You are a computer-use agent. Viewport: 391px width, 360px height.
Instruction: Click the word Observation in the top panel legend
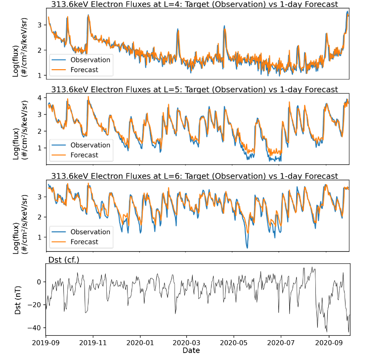(x=90, y=59)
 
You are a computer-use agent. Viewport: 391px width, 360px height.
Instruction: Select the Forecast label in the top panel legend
(x=85, y=70)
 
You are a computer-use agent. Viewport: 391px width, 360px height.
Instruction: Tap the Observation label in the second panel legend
(x=90, y=145)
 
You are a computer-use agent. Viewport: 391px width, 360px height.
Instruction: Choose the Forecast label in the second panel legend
(x=85, y=156)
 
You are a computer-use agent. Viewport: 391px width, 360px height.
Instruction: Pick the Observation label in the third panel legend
(x=90, y=232)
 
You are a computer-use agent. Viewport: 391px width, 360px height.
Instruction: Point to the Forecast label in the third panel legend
(x=85, y=242)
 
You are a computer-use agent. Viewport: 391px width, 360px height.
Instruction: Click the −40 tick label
(x=34, y=328)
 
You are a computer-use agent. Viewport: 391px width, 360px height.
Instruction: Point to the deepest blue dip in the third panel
(x=247, y=247)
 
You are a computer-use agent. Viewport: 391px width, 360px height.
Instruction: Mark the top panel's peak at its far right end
(x=348, y=10)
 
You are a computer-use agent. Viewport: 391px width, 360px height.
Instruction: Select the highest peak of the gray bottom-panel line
(x=314, y=267)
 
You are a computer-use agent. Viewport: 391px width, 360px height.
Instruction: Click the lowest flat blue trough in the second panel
(x=275, y=160)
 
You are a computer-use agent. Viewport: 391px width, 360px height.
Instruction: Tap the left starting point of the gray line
(x=47, y=306)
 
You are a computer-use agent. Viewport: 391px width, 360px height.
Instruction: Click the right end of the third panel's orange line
(x=348, y=188)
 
